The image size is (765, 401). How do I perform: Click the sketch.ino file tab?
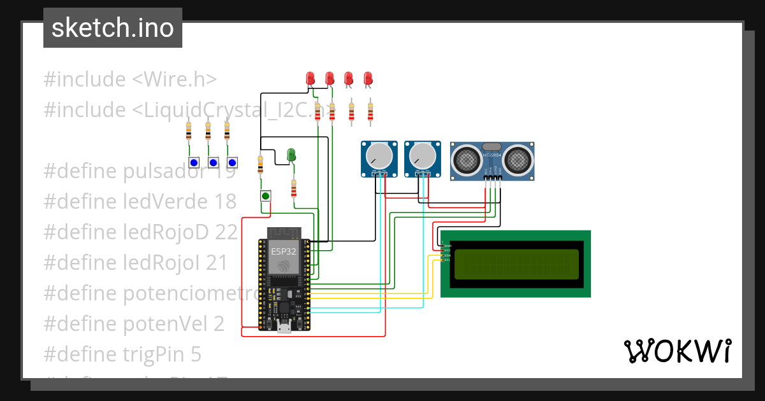click(x=112, y=28)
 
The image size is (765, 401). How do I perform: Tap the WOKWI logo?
click(x=677, y=351)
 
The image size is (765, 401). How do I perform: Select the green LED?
click(x=291, y=155)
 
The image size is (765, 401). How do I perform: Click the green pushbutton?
click(x=265, y=196)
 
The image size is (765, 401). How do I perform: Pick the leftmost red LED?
click(x=310, y=78)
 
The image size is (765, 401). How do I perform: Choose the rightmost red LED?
click(x=368, y=78)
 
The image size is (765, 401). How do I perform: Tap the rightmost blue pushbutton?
click(x=232, y=162)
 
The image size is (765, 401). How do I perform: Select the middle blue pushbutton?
click(x=213, y=162)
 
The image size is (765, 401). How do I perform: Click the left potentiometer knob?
click(x=379, y=155)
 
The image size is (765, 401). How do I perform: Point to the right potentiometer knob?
click(x=421, y=155)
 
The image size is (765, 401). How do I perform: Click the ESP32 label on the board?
click(x=284, y=251)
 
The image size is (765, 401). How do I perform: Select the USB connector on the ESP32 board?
click(x=284, y=327)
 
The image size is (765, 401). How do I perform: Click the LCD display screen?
click(x=516, y=264)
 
